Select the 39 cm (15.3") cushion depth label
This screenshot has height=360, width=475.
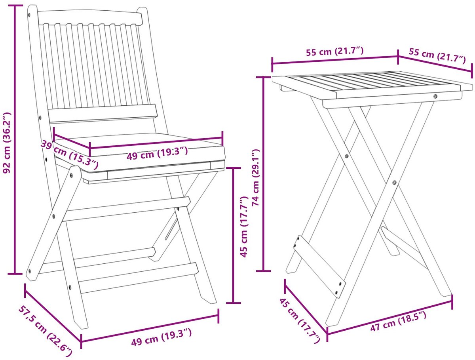click(69, 155)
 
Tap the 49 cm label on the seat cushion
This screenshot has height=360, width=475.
click(157, 153)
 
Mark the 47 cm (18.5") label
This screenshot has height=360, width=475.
click(398, 324)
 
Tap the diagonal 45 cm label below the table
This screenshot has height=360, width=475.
click(300, 321)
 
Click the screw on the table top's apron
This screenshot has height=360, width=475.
click(435, 96)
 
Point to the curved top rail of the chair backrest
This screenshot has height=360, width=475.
click(90, 17)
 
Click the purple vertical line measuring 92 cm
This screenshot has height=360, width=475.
click(15, 140)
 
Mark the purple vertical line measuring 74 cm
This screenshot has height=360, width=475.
click(263, 174)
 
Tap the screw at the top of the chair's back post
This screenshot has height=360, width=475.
click(29, 15)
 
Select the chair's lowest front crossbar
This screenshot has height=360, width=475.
click(139, 278)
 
